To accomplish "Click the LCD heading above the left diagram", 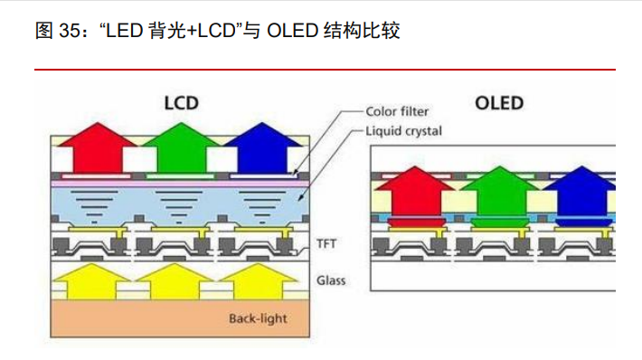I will tap(181, 101).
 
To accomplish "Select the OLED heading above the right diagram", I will tap(499, 101).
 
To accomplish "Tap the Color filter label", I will tap(397, 112).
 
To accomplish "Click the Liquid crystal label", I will tap(403, 131).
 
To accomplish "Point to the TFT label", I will tap(326, 242).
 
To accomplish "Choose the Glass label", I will tap(331, 279).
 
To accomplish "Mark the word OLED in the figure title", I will tap(289, 32).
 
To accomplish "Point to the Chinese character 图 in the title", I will tap(44, 32).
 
